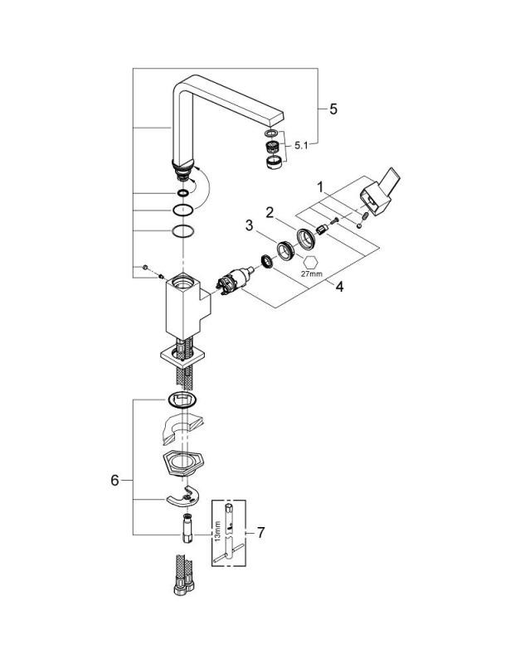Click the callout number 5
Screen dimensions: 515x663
[x=333, y=109]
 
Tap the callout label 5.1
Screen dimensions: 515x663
[x=301, y=146]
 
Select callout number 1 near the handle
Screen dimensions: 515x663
[x=320, y=186]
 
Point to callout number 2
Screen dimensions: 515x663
[x=270, y=213]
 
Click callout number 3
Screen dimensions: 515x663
[x=250, y=225]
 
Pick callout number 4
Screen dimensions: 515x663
[x=339, y=287]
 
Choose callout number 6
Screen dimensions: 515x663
[x=114, y=481]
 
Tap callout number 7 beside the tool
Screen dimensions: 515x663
[x=260, y=532]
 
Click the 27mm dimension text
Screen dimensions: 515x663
[x=311, y=273]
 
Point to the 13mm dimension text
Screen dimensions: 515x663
[x=217, y=531]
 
